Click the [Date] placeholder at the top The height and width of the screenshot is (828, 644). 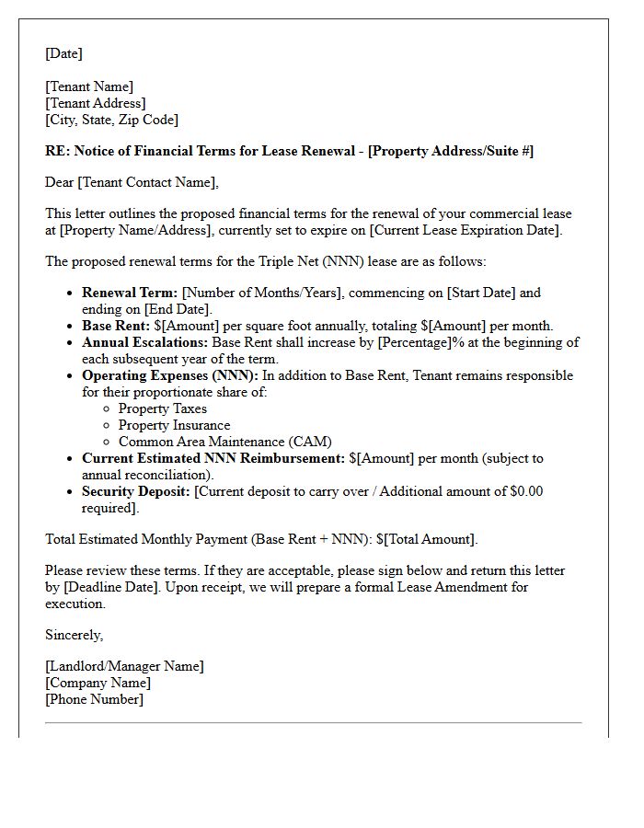63,53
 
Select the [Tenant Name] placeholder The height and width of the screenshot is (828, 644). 89,86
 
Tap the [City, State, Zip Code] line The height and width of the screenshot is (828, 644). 111,120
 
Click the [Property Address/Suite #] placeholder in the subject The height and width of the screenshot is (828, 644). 451,151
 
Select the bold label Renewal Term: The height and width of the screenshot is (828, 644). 130,293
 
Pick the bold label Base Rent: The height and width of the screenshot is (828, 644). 115,326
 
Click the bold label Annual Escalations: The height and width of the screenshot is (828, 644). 145,342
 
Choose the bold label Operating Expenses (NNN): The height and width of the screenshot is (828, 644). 171,375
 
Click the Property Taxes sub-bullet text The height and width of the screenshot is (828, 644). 162,408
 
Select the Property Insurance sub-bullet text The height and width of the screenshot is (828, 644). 174,425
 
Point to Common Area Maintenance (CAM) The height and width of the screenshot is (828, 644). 224,442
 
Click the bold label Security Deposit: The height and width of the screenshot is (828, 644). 136,491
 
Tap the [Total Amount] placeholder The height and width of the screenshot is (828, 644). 430,539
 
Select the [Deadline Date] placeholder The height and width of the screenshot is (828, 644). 109,587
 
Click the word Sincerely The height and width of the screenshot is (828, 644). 74,635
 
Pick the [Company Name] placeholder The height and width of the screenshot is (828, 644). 98,683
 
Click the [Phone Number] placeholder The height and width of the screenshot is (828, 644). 94,699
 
